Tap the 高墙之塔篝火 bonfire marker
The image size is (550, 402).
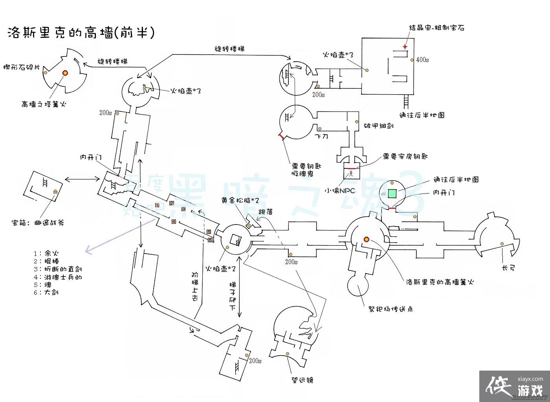click(x=65, y=73)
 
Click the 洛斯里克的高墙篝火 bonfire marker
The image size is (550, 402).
click(x=366, y=239)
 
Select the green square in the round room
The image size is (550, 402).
click(x=392, y=193)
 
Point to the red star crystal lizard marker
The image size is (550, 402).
click(x=405, y=47)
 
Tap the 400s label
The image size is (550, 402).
click(x=422, y=60)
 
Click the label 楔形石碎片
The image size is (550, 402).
click(x=21, y=67)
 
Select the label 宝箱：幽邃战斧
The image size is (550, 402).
click(x=38, y=223)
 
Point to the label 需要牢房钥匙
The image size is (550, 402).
click(x=405, y=156)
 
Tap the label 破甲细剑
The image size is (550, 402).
click(x=379, y=126)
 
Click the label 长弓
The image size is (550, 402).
click(x=508, y=268)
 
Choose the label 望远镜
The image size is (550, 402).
click(x=301, y=380)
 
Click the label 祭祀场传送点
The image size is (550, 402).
click(x=390, y=309)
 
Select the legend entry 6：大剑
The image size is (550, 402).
click(x=46, y=292)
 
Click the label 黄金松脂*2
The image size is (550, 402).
click(x=240, y=200)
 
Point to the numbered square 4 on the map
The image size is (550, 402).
click(x=174, y=221)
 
